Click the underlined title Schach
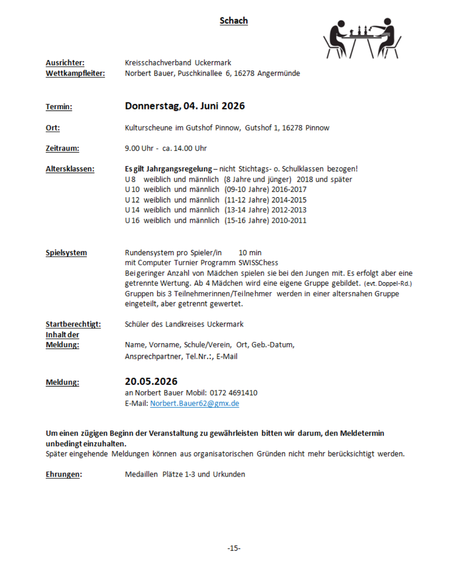(233, 21)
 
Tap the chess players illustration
(362, 38)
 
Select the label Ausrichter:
(65, 63)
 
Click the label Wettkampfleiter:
(75, 74)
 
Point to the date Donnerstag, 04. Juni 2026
(185, 106)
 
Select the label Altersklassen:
(70, 169)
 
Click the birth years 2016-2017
(289, 190)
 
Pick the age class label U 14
(132, 210)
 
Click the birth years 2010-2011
(289, 221)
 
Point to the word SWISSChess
(258, 263)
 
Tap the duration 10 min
(250, 253)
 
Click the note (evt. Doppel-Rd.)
(388, 284)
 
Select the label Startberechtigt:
(73, 324)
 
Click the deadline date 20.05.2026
(151, 381)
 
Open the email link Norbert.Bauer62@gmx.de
(195, 404)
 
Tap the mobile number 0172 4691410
(233, 393)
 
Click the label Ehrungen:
(64, 475)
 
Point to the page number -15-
(234, 548)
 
